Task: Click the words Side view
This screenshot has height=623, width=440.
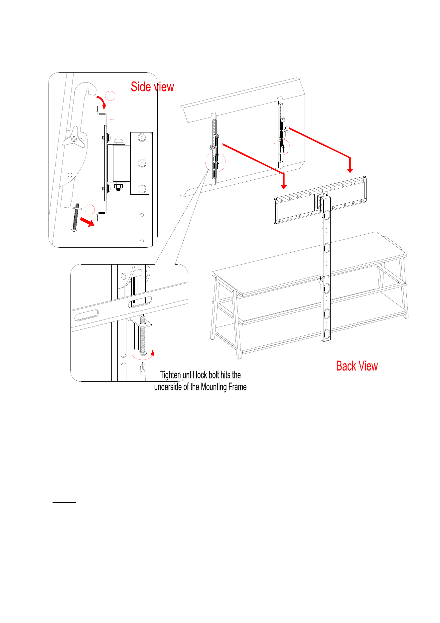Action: pos(152,87)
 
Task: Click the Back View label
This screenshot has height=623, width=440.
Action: pos(357,366)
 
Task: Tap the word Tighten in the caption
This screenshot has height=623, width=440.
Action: pos(171,375)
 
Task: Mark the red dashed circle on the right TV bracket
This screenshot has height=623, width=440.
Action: pos(282,147)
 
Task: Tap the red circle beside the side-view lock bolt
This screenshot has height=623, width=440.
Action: pos(90,209)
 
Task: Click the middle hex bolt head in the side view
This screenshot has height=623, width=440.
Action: pos(142,163)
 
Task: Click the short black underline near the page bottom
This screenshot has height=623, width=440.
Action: pos(65,502)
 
